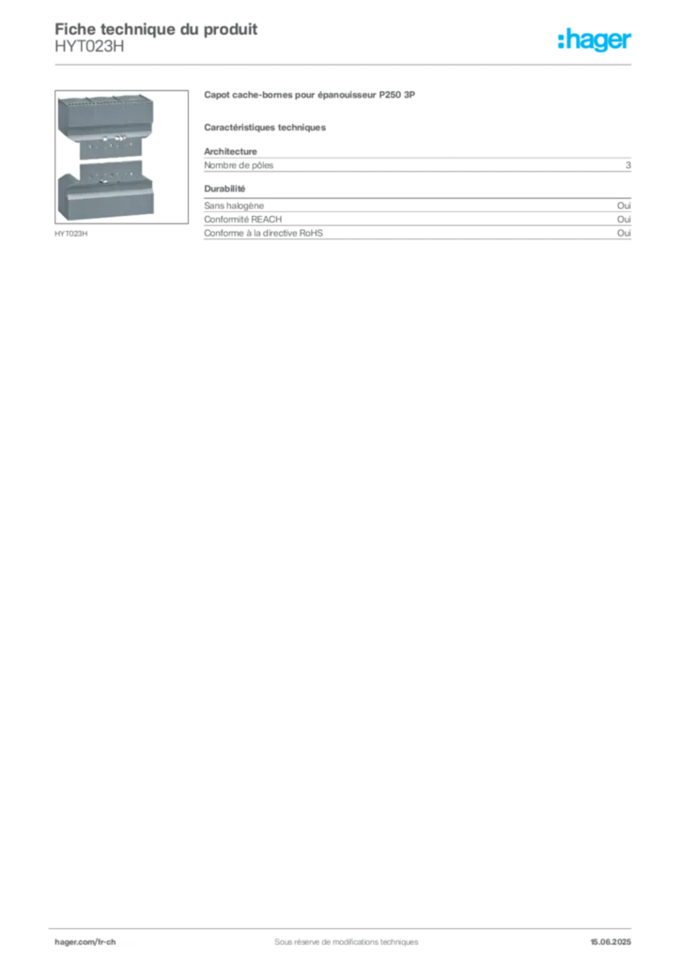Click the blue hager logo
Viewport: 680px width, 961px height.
[596, 40]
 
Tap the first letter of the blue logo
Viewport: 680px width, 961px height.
[561, 40]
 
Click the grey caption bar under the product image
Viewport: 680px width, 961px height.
[71, 235]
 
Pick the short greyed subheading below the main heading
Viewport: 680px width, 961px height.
[267, 127]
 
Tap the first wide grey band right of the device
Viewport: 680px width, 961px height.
[419, 164]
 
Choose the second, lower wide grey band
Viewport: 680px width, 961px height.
[419, 229]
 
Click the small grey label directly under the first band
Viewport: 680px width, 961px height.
[225, 189]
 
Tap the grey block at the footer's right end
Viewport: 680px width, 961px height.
[618, 937]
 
